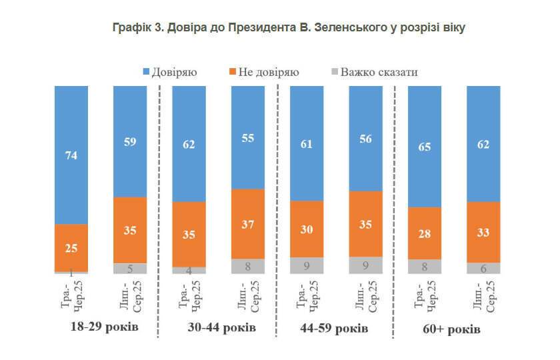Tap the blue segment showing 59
pos(130,141)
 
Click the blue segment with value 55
pos(248,137)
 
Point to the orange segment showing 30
pos(307,229)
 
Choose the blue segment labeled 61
pos(307,143)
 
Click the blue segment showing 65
pos(425,146)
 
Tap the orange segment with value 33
pos(483,232)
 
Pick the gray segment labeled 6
pos(483,268)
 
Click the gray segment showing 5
pos(130,269)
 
